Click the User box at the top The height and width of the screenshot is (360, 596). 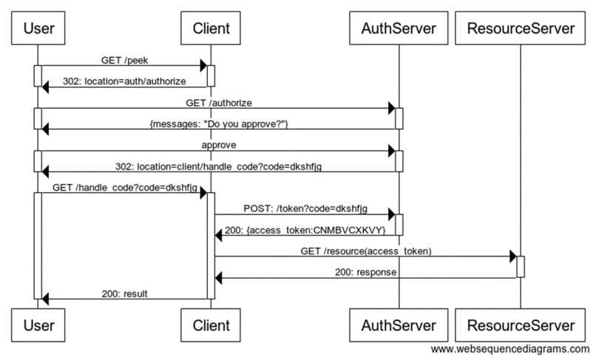pos(38,29)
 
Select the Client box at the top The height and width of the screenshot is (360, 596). pos(210,29)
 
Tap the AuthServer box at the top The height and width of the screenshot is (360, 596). pos(398,29)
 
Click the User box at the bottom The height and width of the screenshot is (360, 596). pos(38,325)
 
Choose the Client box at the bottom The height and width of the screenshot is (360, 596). pos(210,325)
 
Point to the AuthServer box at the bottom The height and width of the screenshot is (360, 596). pos(398,325)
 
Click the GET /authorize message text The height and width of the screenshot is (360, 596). pos(218,101)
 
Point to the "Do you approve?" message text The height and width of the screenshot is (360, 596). pos(218,123)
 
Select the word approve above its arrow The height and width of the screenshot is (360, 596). pos(218,144)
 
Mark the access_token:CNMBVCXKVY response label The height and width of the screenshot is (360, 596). pos(305,230)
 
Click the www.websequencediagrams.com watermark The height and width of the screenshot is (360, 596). pos(509,349)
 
